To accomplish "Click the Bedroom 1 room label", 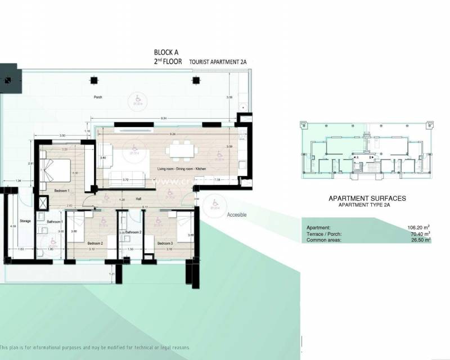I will (x=61, y=191).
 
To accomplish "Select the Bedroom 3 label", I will (x=165, y=244).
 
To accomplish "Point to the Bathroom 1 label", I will (x=55, y=222).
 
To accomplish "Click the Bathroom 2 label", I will (x=133, y=232).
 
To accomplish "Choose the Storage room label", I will (x=25, y=222).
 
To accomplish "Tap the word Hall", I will (x=138, y=199).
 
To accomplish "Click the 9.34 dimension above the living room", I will (x=163, y=118).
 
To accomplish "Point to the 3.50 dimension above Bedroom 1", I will (x=63, y=136).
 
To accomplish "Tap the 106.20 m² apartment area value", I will (x=418, y=228).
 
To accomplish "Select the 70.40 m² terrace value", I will (x=418, y=234).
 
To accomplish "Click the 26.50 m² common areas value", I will (x=418, y=240).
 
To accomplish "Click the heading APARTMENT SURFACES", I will (x=367, y=199).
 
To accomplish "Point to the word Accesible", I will (x=236, y=215).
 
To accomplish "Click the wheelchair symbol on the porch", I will (x=135, y=98).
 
